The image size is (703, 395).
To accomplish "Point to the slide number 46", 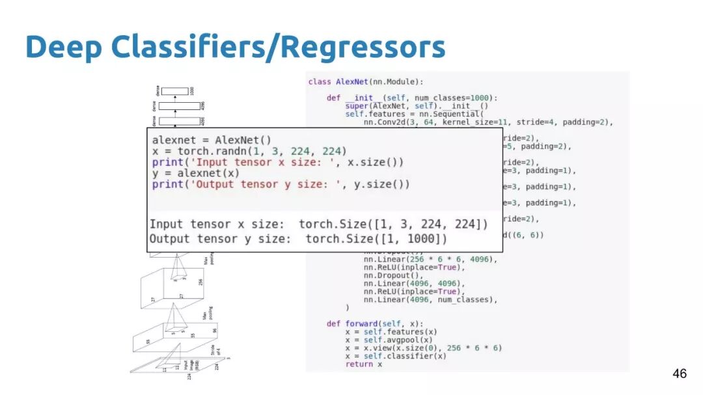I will pyautogui.click(x=679, y=374).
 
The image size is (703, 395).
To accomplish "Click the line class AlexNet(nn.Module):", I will pyautogui.click(x=365, y=81).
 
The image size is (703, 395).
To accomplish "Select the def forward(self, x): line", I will pyautogui.click(x=374, y=323).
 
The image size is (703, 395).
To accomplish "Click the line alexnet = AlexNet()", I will pyautogui.click(x=212, y=140).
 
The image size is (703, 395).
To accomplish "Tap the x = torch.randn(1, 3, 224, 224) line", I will pyautogui.click(x=249, y=151).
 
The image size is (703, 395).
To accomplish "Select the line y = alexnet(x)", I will pyautogui.click(x=195, y=173).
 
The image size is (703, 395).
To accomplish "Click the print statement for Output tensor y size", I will pyautogui.click(x=281, y=184).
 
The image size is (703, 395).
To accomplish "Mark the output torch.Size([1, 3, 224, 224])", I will pyautogui.click(x=393, y=224).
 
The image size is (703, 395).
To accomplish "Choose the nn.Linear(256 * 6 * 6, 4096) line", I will pyautogui.click(x=430, y=259).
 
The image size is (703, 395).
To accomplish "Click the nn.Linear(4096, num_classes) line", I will pyautogui.click(x=430, y=299).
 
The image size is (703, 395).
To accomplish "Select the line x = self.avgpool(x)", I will pyautogui.click(x=389, y=340).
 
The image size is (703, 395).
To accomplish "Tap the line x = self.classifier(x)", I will pyautogui.click(x=396, y=356).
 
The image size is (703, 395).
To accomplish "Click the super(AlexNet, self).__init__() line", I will pyautogui.click(x=417, y=105).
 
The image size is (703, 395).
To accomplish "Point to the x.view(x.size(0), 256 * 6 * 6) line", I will pyautogui.click(x=424, y=347).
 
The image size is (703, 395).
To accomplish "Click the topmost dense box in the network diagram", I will pyautogui.click(x=174, y=91).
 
